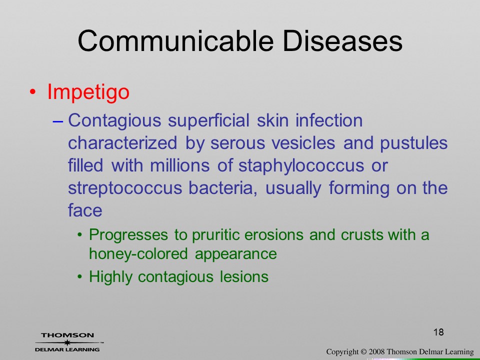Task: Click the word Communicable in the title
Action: click(x=175, y=41)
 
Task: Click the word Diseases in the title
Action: click(x=342, y=41)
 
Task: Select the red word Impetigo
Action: click(x=88, y=92)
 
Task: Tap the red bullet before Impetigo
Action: click(x=33, y=92)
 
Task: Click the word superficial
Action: click(x=208, y=121)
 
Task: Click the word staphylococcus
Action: click(x=301, y=166)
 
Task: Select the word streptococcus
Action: click(x=125, y=188)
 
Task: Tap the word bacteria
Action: click(x=223, y=188)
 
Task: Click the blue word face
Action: click(x=85, y=210)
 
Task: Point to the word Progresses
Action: click(x=128, y=235)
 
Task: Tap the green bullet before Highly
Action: click(x=80, y=276)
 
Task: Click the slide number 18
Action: click(x=438, y=332)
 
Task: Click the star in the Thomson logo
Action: click(x=67, y=342)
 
